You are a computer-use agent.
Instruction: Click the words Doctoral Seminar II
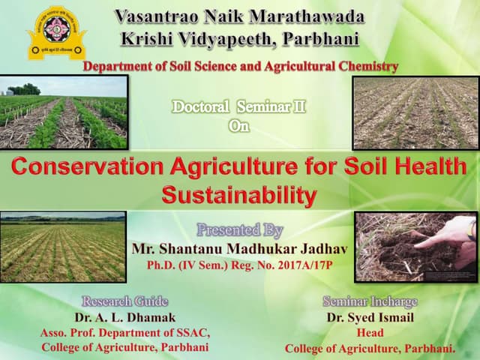point(239,107)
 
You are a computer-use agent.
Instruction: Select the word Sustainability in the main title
point(238,196)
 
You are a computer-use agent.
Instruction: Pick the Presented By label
point(239,229)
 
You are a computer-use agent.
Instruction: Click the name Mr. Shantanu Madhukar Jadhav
point(239,248)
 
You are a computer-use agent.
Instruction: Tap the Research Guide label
point(124,301)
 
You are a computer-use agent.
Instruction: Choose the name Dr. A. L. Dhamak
point(124,317)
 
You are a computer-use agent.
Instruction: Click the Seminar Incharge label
point(370,301)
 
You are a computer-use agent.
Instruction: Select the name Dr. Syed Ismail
point(370,317)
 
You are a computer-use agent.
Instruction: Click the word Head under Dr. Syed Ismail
point(370,333)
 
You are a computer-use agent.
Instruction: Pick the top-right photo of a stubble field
point(415,112)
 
